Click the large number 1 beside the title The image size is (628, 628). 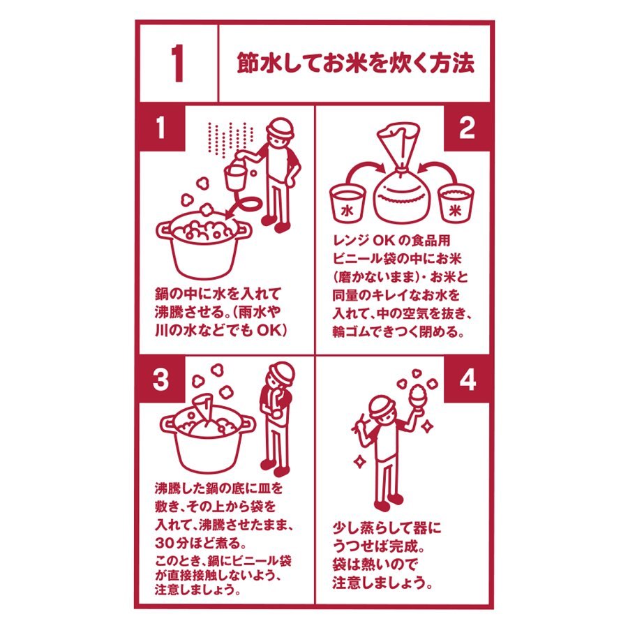click(177, 63)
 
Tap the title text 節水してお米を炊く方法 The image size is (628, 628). click(356, 63)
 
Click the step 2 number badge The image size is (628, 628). click(467, 128)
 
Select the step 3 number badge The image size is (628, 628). click(161, 379)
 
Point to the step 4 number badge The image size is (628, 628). click(467, 379)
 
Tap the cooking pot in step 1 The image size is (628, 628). click(204, 244)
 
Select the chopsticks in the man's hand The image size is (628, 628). click(359, 423)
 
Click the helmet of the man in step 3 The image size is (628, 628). click(281, 373)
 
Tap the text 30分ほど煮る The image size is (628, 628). click(200, 543)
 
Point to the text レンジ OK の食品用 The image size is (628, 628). click(391, 240)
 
